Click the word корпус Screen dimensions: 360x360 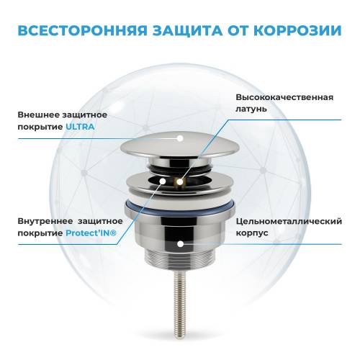click(x=250, y=235)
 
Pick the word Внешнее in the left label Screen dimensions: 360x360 click(x=35, y=113)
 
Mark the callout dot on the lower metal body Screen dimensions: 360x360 click(x=179, y=245)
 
